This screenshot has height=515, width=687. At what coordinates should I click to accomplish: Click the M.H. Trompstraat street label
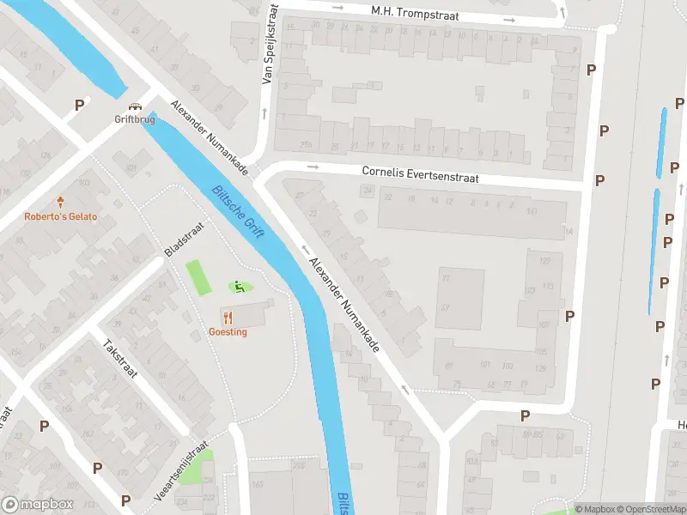(x=415, y=15)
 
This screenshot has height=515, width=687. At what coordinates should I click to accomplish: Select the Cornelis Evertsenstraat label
(x=420, y=174)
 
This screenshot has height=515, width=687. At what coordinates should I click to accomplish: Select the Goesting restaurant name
(x=228, y=331)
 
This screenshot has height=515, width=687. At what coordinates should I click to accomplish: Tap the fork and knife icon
(x=228, y=317)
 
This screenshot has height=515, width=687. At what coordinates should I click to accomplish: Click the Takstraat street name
(x=120, y=359)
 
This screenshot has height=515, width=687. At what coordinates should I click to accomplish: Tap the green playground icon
(x=239, y=287)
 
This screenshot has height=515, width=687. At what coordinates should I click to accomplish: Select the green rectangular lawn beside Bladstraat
(x=198, y=277)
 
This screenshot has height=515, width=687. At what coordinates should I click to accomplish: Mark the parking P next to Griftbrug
(x=79, y=105)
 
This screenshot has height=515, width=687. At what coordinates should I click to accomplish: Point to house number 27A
(x=306, y=145)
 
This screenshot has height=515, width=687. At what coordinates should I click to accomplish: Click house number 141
(x=532, y=211)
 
